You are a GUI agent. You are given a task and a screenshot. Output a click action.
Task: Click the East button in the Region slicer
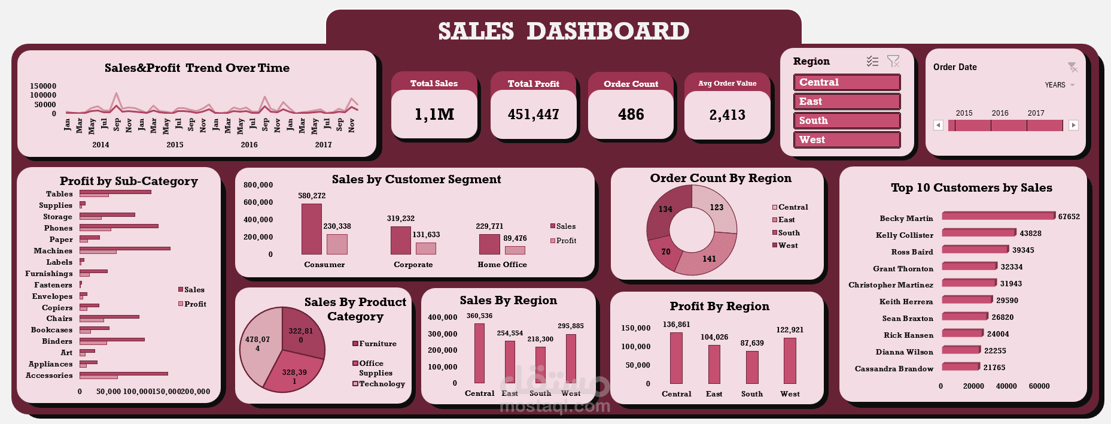point(847,101)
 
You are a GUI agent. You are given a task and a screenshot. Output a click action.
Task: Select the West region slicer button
point(847,140)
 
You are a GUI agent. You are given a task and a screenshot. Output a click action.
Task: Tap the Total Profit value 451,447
point(534,114)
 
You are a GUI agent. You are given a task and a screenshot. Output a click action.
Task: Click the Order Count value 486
point(631,114)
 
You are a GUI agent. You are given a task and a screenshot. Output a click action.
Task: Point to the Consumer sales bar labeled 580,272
point(312,229)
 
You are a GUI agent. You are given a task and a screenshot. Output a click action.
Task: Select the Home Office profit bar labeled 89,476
point(515,250)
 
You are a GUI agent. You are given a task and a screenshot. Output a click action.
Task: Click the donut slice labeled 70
point(665,252)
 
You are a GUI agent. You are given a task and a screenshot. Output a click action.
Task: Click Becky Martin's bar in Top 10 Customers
point(998,216)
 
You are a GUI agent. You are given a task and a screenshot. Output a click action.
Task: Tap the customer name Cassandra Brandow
point(894,369)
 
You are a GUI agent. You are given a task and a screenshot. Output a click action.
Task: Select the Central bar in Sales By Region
point(479,353)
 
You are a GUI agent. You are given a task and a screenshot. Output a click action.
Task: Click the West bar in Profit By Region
point(790,361)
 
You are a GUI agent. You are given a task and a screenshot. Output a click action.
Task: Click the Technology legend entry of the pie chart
point(379,384)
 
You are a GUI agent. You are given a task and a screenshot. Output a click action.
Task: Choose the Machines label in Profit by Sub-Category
point(53,251)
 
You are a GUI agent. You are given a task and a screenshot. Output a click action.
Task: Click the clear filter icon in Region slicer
point(893,61)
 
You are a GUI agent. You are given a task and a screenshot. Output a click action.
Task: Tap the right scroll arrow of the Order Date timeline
point(1073,125)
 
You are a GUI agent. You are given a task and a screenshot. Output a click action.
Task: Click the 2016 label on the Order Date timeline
point(1000,113)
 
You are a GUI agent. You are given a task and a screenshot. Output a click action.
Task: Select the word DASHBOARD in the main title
point(608,31)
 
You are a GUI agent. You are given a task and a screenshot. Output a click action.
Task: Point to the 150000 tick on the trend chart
point(43,86)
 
